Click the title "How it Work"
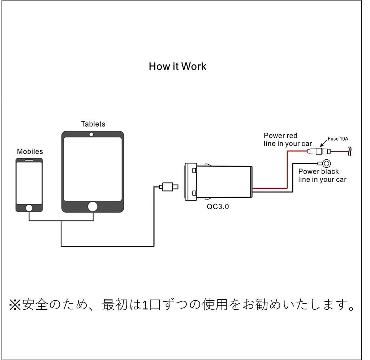click(x=177, y=67)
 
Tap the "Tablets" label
click(x=93, y=124)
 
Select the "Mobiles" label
click(x=30, y=151)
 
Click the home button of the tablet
click(x=93, y=206)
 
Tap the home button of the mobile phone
click(x=29, y=208)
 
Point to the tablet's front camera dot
click(x=92, y=134)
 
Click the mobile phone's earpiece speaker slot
click(x=29, y=160)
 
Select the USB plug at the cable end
click(x=169, y=187)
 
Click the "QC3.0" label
click(x=218, y=208)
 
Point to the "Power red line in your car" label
click(x=288, y=140)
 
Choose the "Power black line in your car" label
click(x=322, y=175)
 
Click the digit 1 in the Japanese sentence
click(x=144, y=306)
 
